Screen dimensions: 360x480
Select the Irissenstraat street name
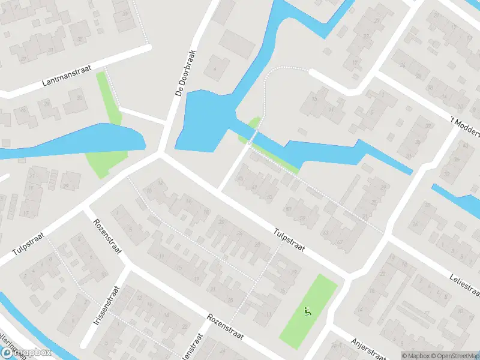107,305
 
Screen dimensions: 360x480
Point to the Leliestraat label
465,284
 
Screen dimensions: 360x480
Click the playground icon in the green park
308,311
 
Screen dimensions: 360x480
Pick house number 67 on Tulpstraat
340,242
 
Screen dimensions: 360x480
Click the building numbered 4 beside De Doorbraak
213,67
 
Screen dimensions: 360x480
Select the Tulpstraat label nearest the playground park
290,239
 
